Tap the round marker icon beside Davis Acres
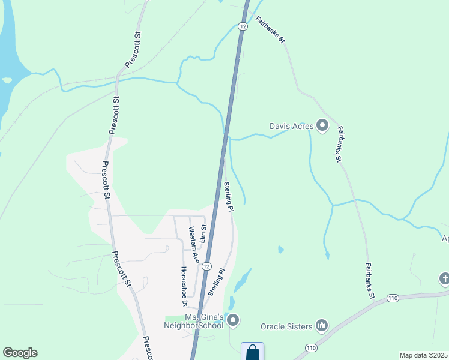[322, 126]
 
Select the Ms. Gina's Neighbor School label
[196, 321]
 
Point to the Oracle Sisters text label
[286, 326]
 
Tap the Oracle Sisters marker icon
[322, 326]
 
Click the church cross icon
[444, 278]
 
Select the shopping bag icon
[252, 352]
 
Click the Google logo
[20, 353]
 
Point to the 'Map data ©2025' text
[423, 355]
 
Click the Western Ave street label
[193, 245]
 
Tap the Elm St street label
[203, 232]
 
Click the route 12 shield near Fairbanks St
[242, 26]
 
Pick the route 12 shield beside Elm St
[206, 266]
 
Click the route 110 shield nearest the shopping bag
[310, 348]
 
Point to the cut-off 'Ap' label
[445, 238]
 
